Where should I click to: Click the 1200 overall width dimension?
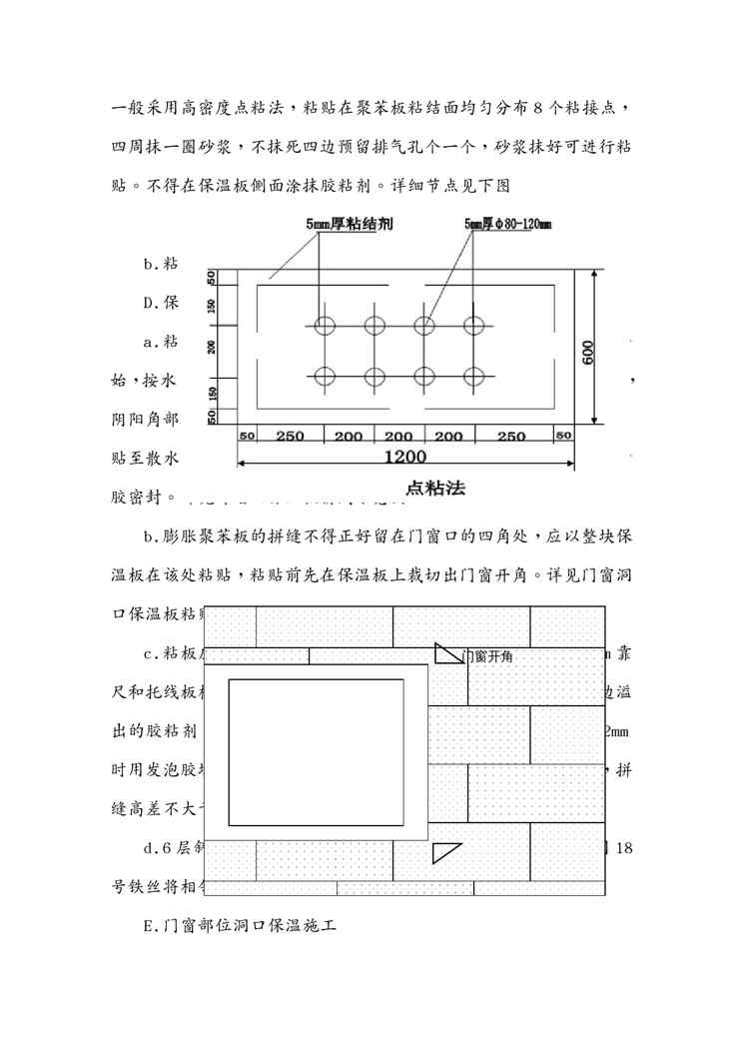404,458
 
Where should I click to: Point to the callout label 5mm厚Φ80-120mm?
507,226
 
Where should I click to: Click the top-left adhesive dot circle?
325,325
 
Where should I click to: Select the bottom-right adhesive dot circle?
473,377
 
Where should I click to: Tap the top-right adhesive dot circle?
473,325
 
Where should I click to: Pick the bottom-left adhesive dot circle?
325,377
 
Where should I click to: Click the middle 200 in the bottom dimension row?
398,437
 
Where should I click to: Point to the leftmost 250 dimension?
289,437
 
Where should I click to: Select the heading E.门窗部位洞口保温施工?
239,927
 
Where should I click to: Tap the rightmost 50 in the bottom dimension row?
563,437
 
